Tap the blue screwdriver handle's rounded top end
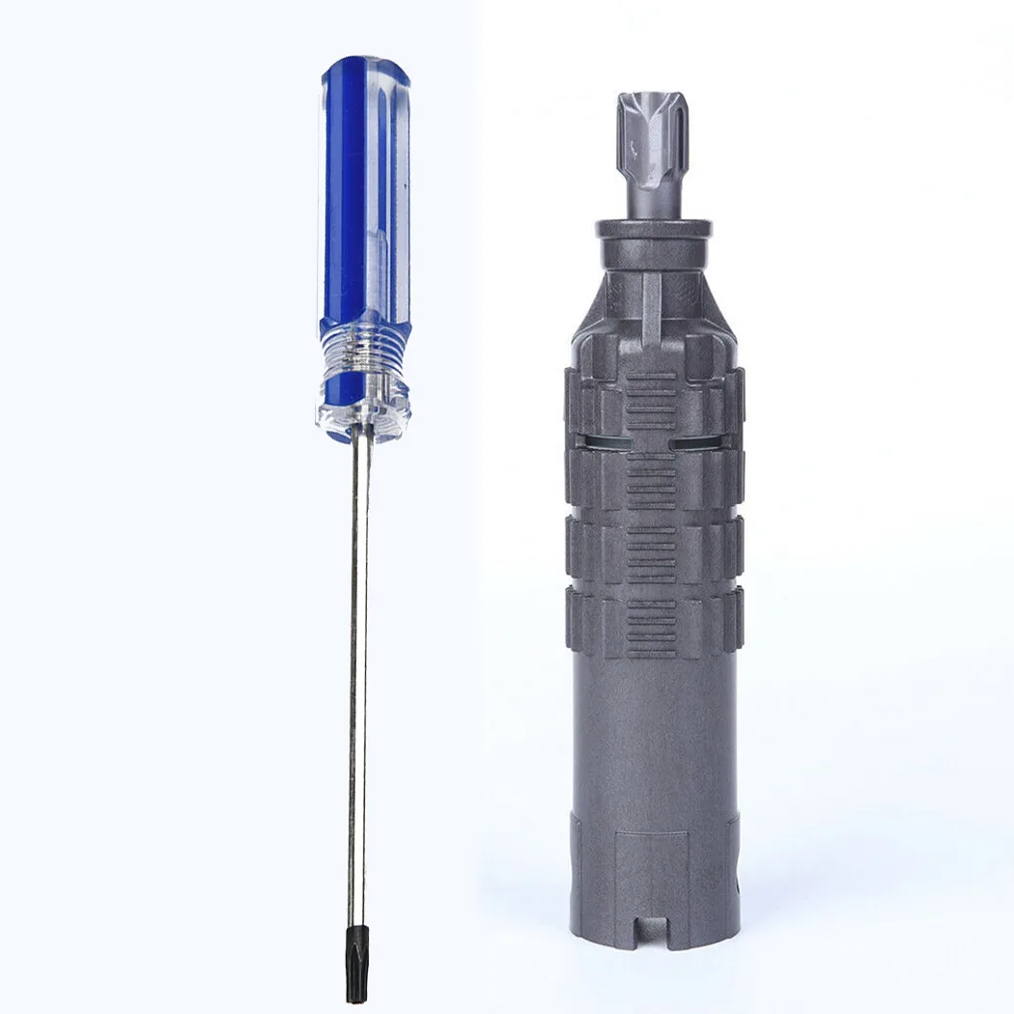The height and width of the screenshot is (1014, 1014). click(364, 72)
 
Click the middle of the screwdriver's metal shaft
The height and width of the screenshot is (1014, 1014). click(358, 676)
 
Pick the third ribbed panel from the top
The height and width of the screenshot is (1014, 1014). click(651, 554)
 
